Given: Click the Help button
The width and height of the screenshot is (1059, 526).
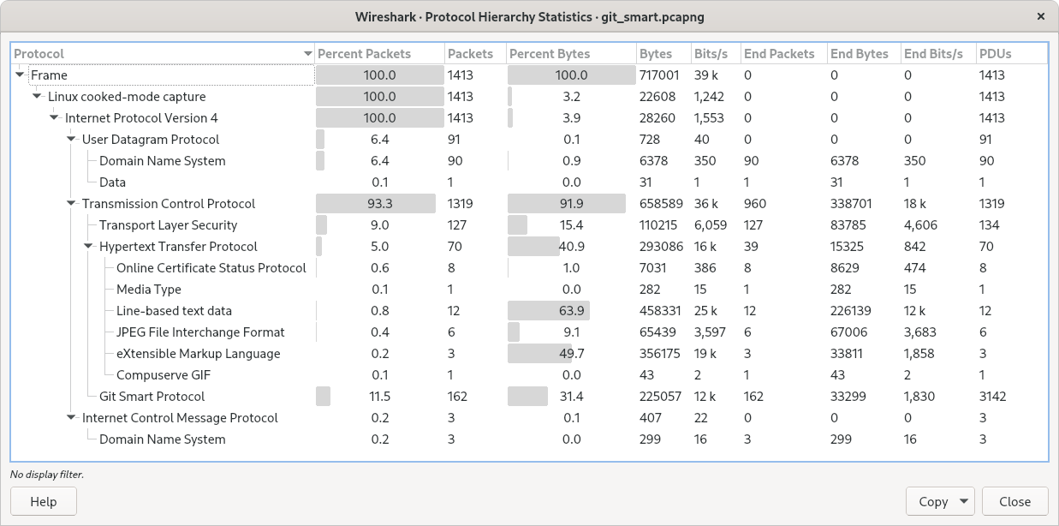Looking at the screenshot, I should pyautogui.click(x=44, y=502).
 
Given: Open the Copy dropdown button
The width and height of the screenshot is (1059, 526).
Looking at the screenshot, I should pyautogui.click(x=940, y=502).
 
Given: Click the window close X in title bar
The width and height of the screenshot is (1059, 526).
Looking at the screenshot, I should pyautogui.click(x=1041, y=16).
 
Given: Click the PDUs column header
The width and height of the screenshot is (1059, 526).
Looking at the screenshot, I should pyautogui.click(x=996, y=54).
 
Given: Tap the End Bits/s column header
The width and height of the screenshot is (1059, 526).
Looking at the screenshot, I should pyautogui.click(x=933, y=54).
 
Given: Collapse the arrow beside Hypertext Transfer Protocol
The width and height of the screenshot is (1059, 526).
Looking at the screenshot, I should pyautogui.click(x=88, y=247).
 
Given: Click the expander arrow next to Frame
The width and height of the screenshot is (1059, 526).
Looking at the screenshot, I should pyautogui.click(x=20, y=75).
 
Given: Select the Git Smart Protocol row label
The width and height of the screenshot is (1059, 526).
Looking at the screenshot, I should pyautogui.click(x=152, y=397).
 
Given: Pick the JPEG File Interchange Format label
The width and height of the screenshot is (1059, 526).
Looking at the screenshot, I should pyautogui.click(x=200, y=332).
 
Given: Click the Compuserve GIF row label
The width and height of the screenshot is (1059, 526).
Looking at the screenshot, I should pyautogui.click(x=163, y=375).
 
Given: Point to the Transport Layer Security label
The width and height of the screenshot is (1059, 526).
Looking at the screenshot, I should pyautogui.click(x=168, y=225).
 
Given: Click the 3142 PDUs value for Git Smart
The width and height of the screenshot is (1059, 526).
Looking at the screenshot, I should pyautogui.click(x=992, y=397).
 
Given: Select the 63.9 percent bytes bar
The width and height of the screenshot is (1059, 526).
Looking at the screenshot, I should pyautogui.click(x=549, y=311).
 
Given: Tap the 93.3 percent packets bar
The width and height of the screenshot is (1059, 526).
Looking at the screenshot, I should pyautogui.click(x=378, y=204).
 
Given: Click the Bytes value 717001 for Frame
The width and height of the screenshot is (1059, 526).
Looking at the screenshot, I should pyautogui.click(x=658, y=75).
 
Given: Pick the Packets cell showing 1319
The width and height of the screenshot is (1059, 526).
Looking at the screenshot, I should pyautogui.click(x=460, y=204).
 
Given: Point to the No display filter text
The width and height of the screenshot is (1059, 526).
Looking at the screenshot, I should pyautogui.click(x=47, y=474).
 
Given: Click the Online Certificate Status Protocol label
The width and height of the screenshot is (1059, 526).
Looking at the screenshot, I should pyautogui.click(x=211, y=268).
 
